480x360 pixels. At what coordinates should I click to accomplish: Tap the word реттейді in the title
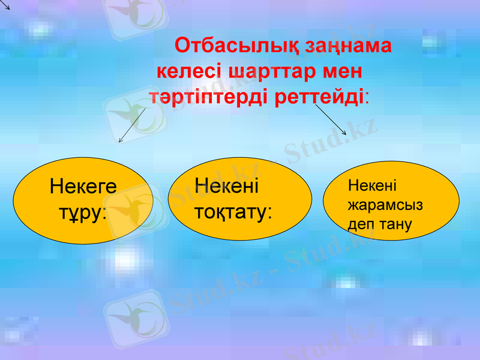[x=319, y=97]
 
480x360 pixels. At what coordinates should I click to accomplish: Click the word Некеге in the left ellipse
[x=83, y=187]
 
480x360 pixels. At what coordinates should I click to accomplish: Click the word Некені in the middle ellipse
[x=227, y=185]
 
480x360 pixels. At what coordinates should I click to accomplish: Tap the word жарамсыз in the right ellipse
[x=385, y=205]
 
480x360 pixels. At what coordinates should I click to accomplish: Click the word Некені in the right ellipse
[x=372, y=186]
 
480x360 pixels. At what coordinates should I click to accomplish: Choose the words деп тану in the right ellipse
[x=380, y=224]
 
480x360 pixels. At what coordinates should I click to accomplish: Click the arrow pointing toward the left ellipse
[x=132, y=125]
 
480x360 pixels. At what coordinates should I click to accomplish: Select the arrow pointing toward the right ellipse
[x=331, y=119]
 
